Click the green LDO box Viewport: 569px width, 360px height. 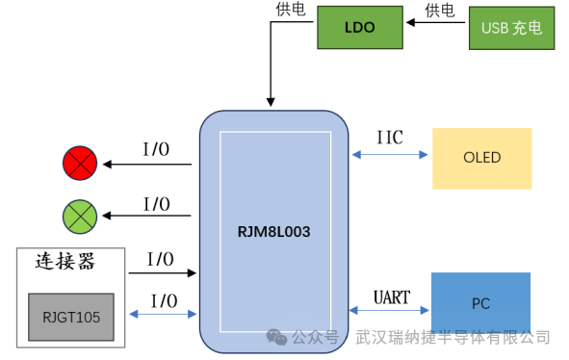pos(359,28)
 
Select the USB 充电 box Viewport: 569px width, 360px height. pos(511,28)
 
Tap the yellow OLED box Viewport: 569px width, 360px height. pos(481,158)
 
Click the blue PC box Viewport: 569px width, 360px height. pos(480,303)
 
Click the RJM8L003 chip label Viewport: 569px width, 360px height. pos(273,232)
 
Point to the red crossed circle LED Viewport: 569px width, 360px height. pos(79,165)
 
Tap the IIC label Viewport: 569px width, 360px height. pos(389,138)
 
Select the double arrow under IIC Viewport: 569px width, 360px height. pos(389,154)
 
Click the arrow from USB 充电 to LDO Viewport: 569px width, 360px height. pos(434,28)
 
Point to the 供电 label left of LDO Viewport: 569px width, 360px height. pos(290,10)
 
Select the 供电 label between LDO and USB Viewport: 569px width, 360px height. pos(439,11)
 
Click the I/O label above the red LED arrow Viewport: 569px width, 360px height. pos(157,149)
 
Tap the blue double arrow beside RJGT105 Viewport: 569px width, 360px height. pos(162,315)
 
